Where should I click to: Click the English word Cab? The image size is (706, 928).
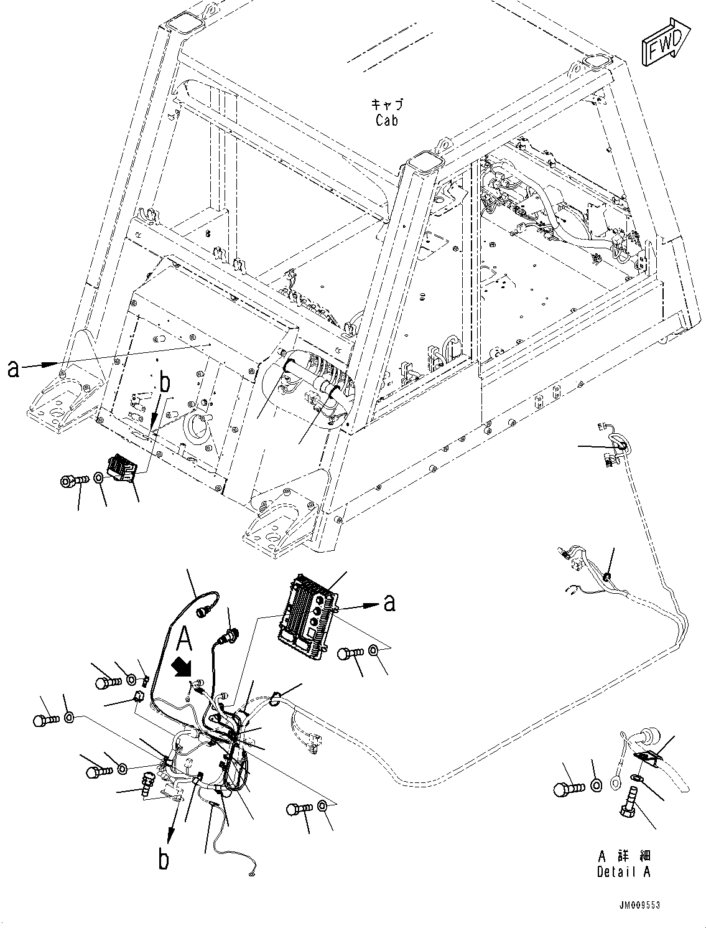(x=386, y=120)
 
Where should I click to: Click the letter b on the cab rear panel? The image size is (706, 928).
(x=164, y=383)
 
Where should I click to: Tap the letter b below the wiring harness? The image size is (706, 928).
(x=164, y=860)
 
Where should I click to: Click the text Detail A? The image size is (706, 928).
(x=623, y=871)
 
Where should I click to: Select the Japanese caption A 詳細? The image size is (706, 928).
(x=623, y=856)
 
